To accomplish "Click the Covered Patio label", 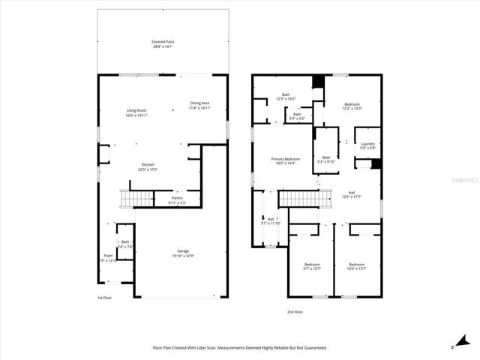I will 163,44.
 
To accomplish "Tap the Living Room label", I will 136,112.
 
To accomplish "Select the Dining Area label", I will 199,105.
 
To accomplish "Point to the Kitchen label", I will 148,167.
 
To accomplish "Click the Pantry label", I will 177,200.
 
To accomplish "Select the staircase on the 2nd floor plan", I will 304,199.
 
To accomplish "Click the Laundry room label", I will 367,146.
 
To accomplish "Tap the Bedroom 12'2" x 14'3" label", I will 352,106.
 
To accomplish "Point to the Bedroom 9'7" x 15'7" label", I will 311,265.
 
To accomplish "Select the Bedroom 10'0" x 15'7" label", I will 355,265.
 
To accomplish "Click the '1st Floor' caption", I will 104,298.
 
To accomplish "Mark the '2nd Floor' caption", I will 295,311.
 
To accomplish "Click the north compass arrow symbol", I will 455,344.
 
